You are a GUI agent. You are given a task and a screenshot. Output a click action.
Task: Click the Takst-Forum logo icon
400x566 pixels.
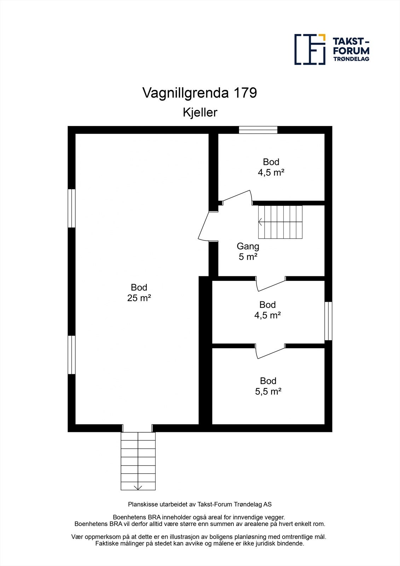pos(310,50)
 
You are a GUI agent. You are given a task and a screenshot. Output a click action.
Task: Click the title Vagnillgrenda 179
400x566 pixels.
pos(199,93)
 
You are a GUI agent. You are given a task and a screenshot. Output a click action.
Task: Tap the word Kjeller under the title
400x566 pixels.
pos(200,112)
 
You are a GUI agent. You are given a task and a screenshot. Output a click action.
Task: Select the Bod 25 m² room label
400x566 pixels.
pos(139,293)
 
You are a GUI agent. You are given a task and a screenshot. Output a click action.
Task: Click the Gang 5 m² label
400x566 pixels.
pos(248,251)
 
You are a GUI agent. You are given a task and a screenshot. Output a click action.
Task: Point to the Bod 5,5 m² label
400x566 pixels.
pos(268,386)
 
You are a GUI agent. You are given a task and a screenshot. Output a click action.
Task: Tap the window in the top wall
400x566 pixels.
pos(258,130)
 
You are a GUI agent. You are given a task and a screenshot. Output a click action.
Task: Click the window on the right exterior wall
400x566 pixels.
pos(328,320)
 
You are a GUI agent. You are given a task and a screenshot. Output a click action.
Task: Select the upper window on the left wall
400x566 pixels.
pos(72,208)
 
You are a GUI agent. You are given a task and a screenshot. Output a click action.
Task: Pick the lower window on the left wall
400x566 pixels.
pos(72,354)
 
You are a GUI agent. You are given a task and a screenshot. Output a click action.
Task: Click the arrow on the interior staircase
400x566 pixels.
pos(261,222)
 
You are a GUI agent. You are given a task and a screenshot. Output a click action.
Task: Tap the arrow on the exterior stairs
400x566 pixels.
pos(138,487)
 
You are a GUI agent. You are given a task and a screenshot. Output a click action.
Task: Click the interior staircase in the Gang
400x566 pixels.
pos(280,222)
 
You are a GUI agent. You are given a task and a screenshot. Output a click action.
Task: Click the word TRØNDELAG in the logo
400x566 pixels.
pos(351,59)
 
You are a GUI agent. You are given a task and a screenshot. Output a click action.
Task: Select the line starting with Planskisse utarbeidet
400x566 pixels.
pos(200,504)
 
